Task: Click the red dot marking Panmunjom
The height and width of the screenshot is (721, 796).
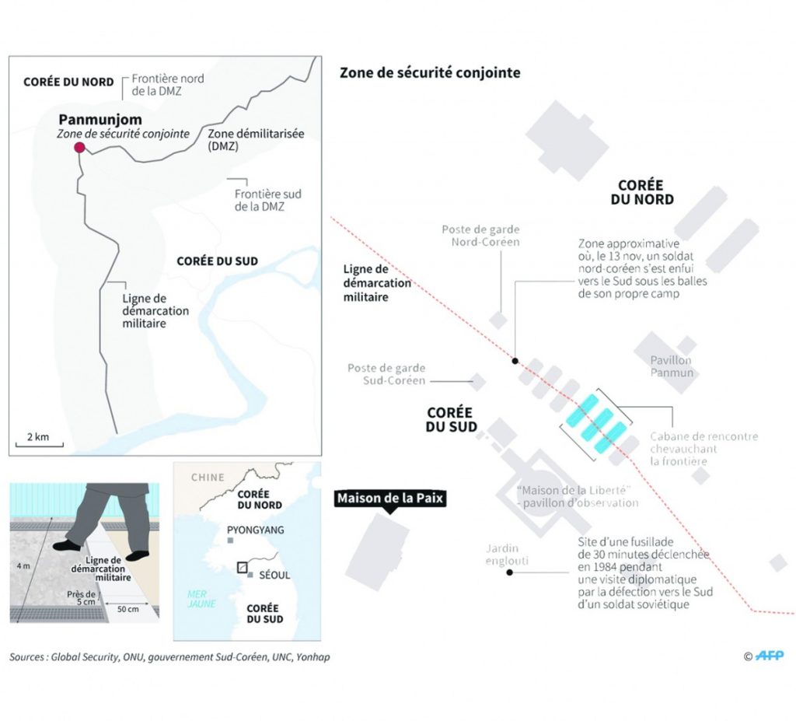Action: [x=78, y=149]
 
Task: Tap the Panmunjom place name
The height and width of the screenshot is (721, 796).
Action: [x=96, y=120]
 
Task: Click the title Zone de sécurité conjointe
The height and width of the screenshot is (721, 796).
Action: [x=430, y=73]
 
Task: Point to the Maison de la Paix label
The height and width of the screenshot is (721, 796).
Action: [x=390, y=499]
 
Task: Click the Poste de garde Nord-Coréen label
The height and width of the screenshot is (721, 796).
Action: [x=480, y=236]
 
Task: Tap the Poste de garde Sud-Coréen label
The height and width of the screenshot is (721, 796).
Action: [x=386, y=374]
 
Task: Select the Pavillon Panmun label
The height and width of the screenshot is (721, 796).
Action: [x=672, y=366]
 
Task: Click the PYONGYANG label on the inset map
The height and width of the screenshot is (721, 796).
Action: [x=255, y=530]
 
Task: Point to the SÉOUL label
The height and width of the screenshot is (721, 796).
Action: [x=274, y=576]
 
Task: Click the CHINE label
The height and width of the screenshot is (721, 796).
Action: [x=207, y=478]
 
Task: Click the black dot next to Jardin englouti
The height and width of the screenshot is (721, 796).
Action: [x=509, y=572]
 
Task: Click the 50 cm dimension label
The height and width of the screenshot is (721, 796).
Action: [x=127, y=608]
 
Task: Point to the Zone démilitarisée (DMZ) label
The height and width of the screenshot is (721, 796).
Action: [x=256, y=140]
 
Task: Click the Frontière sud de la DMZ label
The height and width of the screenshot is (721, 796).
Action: [x=267, y=200]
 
